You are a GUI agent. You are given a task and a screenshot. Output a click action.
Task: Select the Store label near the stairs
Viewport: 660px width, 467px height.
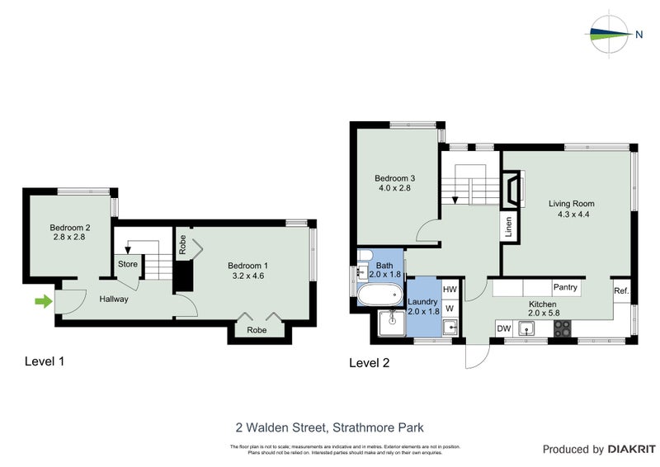tap(128, 264)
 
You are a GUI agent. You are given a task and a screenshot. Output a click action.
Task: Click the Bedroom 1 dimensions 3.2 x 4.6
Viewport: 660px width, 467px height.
tap(247, 276)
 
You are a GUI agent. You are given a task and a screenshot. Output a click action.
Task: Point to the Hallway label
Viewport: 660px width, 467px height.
tap(113, 299)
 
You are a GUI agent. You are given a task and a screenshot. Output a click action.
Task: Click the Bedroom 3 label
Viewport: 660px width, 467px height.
tap(394, 178)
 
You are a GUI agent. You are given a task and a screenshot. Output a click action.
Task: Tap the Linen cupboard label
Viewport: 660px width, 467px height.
tap(508, 225)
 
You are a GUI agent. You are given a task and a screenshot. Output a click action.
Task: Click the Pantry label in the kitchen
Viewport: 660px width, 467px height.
tap(565, 287)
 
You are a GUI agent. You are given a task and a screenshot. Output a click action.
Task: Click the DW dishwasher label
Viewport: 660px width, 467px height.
tap(502, 329)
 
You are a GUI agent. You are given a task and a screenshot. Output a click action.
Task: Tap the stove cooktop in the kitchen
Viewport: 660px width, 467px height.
tap(563, 328)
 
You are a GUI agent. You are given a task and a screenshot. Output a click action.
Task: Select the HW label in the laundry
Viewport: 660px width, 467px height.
tap(450, 290)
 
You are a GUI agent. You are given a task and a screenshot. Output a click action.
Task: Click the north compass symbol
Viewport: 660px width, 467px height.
tap(611, 34)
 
